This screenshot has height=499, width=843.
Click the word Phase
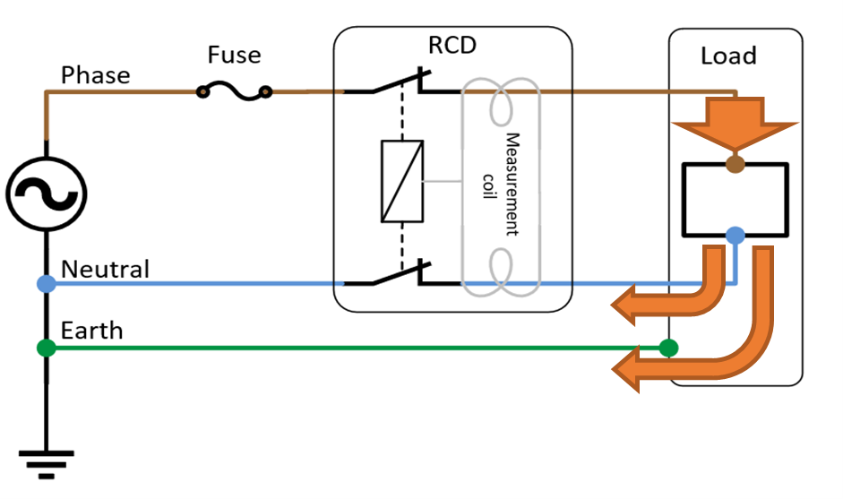95,74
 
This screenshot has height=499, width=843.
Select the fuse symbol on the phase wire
234,90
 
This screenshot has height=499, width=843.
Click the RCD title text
452,47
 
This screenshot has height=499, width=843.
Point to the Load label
727,56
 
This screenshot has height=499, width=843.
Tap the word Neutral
105,268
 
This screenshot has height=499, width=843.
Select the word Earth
91,331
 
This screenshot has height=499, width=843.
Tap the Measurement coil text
501,184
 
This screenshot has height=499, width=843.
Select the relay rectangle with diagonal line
402,181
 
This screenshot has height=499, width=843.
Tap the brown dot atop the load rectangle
735,164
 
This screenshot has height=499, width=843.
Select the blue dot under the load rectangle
735,237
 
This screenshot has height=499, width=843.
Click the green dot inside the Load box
667,348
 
